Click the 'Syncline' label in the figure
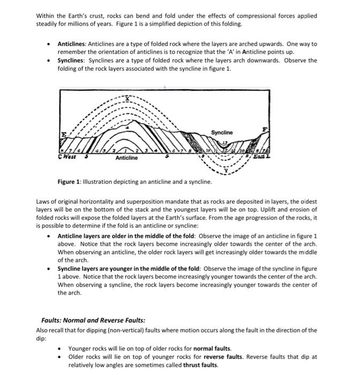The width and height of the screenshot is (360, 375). click(x=222, y=132)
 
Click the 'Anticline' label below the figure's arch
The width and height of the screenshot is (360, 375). click(x=126, y=158)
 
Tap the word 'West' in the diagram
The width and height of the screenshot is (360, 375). click(x=67, y=157)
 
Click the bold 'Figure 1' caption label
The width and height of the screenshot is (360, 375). click(x=70, y=182)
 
